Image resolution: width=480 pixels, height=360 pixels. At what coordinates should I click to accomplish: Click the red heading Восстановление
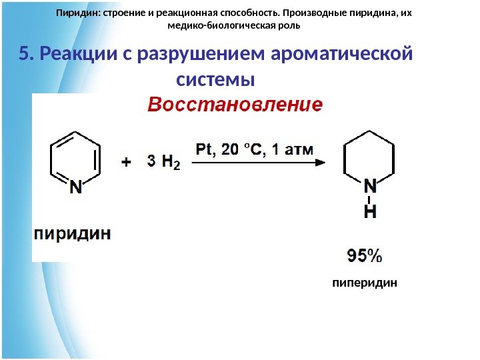pyautogui.click(x=234, y=105)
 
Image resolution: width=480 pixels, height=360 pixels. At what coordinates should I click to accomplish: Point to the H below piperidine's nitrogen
pyautogui.click(x=369, y=212)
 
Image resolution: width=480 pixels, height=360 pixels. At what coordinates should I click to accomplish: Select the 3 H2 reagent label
pyautogui.click(x=163, y=161)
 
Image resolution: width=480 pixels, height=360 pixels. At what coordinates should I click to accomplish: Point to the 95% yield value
pyautogui.click(x=364, y=255)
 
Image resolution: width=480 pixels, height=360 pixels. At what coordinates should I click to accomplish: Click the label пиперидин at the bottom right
pyautogui.click(x=365, y=283)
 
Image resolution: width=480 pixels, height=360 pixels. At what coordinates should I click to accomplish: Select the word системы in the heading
pyautogui.click(x=217, y=80)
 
